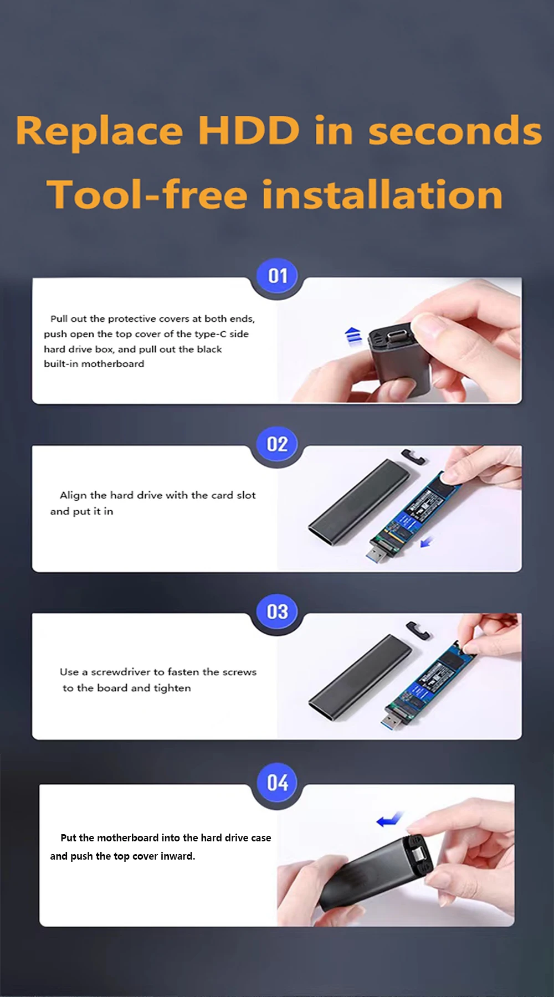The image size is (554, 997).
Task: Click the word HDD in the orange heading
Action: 249,131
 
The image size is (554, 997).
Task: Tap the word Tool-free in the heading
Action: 147,194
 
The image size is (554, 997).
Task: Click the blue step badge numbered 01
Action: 278,276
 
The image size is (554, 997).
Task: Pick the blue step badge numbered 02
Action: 278,444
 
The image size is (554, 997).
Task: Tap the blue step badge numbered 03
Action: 278,612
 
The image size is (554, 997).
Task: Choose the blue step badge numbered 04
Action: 278,783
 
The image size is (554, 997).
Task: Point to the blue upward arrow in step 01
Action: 353,336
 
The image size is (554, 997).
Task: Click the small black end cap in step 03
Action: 418,630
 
